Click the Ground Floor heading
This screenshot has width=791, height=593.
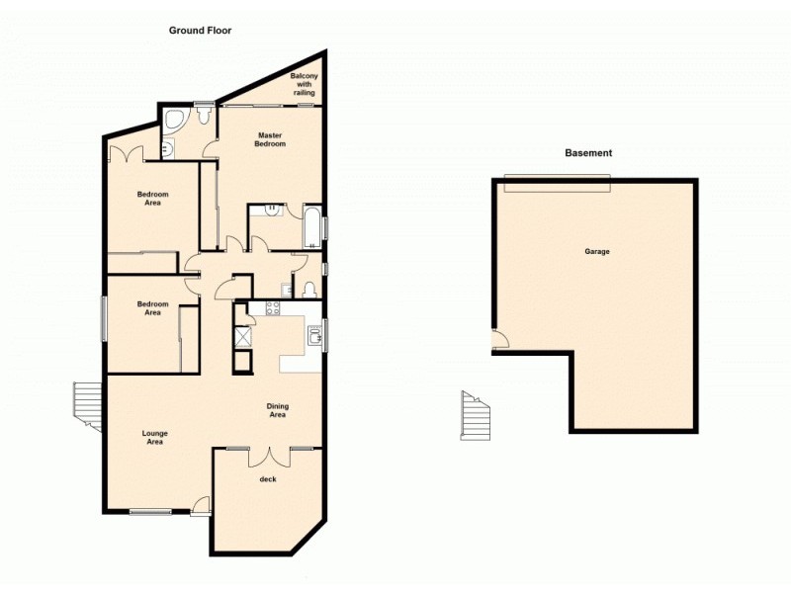(200, 31)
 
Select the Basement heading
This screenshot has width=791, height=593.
(588, 153)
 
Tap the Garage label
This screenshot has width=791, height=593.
(596, 252)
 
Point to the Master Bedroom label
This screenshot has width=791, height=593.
(271, 139)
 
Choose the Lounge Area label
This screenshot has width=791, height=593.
(154, 437)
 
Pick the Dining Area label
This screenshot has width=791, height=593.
(277, 410)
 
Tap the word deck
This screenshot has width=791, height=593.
(267, 479)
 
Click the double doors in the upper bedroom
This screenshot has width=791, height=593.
(127, 153)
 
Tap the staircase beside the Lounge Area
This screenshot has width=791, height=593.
(87, 406)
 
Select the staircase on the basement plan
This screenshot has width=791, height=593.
(477, 416)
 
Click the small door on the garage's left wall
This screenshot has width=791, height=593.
(500, 341)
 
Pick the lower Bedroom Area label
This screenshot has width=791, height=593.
(152, 308)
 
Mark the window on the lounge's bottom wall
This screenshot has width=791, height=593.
(151, 511)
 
